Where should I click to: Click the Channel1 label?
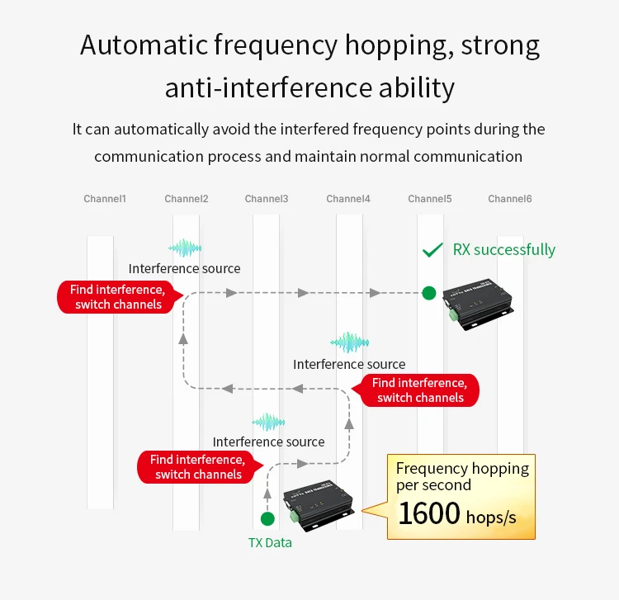point(105,199)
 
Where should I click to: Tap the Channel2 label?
point(186,199)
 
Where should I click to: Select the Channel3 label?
point(267,199)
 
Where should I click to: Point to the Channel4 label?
point(348,199)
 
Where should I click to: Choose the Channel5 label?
point(429,199)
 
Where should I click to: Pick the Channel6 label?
point(509,199)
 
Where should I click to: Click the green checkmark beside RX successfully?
point(432,250)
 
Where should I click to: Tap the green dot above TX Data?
point(267,519)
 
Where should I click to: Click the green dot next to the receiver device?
point(428,292)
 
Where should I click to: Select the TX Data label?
point(270,543)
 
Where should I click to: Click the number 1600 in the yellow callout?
point(429,513)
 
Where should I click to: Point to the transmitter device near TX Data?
point(318,504)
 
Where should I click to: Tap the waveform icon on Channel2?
point(185,248)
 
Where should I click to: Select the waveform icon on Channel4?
point(349,343)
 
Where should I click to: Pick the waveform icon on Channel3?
point(268,423)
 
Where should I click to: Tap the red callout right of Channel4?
point(419,390)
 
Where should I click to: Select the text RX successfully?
point(504,249)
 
